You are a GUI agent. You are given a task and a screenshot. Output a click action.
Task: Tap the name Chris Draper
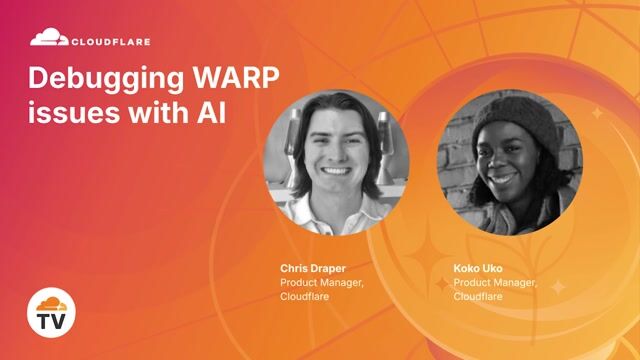[x=309, y=269]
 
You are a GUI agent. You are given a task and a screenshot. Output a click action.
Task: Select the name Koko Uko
[x=478, y=269]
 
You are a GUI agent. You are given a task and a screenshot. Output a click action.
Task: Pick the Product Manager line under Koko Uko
[x=496, y=282]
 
